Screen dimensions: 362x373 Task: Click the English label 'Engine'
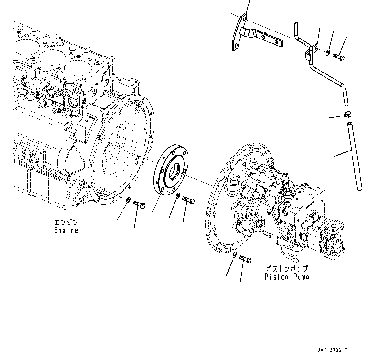(66, 230)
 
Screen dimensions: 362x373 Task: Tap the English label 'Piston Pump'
(287, 277)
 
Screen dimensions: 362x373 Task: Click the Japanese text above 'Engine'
(66, 222)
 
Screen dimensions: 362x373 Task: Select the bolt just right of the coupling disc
(189, 200)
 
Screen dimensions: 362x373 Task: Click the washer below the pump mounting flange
(234, 255)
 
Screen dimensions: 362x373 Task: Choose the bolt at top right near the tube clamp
(339, 58)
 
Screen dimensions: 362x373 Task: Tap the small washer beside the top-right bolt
(328, 52)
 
